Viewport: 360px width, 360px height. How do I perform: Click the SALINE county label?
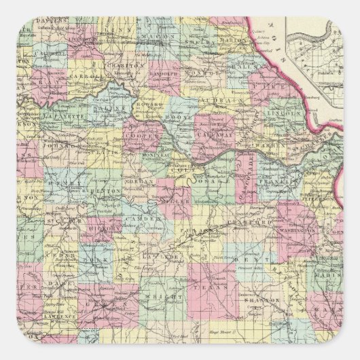(115, 107)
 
